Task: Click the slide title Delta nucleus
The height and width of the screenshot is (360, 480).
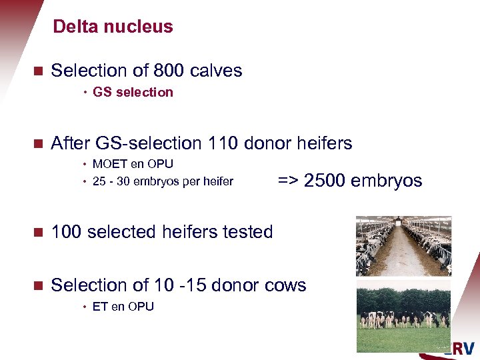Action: point(113,27)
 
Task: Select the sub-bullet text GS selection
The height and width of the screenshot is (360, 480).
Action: point(133,92)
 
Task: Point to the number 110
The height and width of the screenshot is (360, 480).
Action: point(223,143)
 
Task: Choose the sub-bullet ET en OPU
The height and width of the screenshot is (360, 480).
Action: point(123,307)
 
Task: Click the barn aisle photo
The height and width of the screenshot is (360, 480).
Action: point(403,245)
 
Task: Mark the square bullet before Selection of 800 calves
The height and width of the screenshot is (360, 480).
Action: point(38,71)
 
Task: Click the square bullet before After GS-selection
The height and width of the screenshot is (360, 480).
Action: point(38,143)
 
